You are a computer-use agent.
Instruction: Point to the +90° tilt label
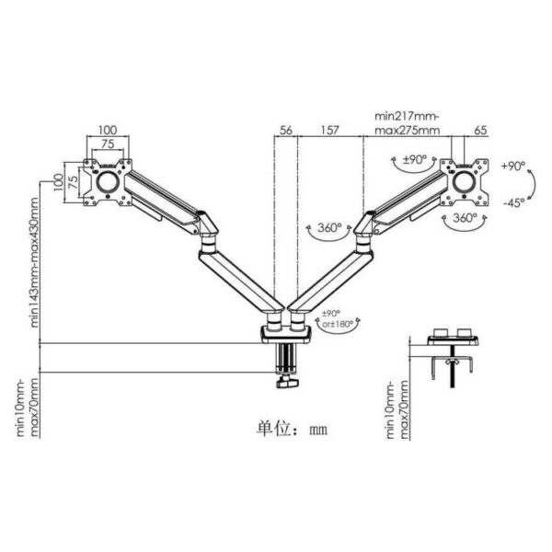pos(513,167)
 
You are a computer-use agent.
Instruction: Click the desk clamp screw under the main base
pos(283,373)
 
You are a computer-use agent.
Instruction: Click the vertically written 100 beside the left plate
pos(57,179)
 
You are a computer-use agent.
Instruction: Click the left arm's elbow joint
pos(207,226)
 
